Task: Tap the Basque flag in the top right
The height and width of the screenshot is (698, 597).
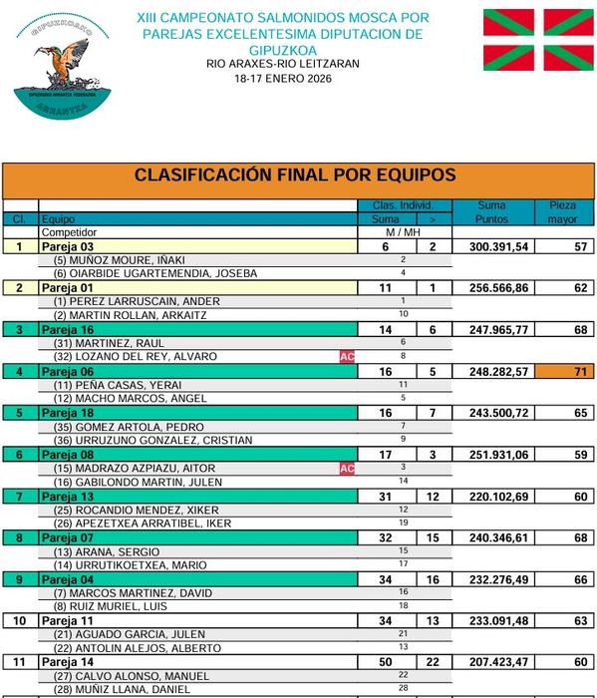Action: coord(537,40)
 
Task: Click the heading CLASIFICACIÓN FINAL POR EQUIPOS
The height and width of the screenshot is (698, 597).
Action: coord(295,175)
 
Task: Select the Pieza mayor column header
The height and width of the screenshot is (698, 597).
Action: coord(563,211)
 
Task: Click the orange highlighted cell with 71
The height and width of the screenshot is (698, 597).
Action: coord(563,371)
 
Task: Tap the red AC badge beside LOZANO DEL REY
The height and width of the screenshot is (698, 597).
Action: coord(348,356)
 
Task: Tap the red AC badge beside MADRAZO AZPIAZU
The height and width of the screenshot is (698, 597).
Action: coord(348,468)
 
